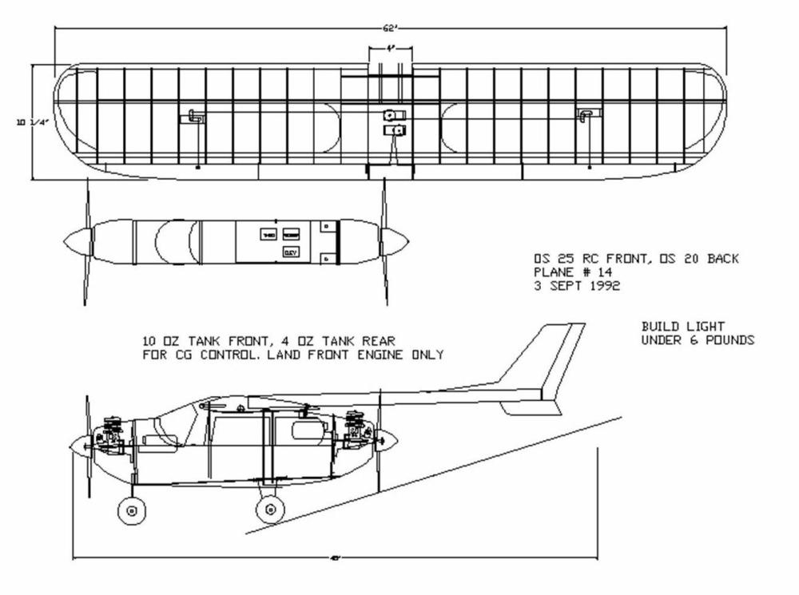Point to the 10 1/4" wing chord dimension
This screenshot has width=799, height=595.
tap(24, 122)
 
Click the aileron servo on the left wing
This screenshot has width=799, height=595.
tap(196, 117)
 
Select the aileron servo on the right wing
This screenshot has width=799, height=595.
tap(585, 116)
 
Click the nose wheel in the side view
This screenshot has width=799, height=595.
tap(130, 510)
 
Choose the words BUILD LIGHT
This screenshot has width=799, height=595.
tap(683, 327)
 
